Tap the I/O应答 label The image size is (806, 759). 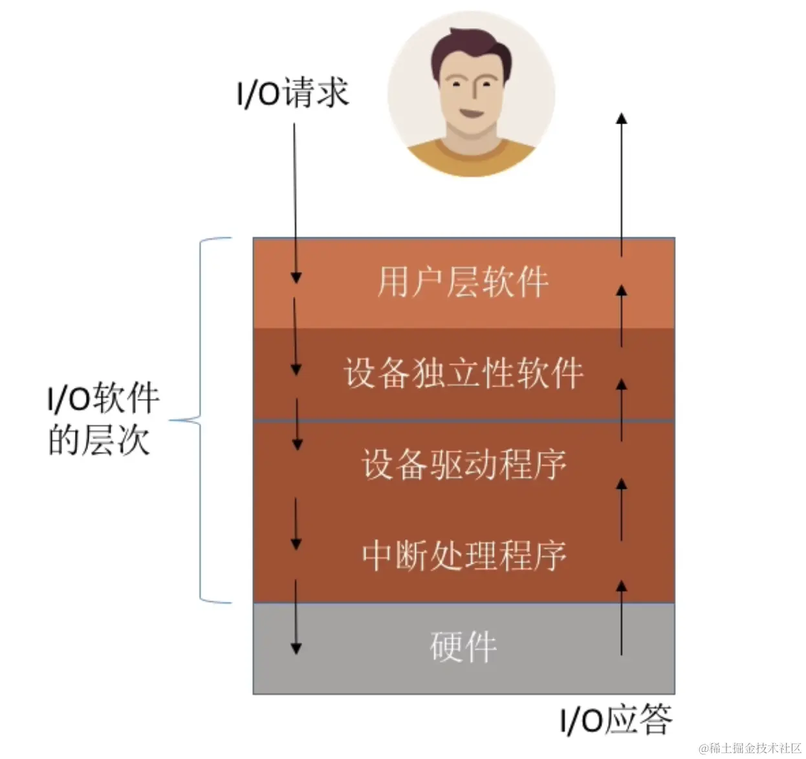pos(616,720)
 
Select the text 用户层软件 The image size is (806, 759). pos(463,283)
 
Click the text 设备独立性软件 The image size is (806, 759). pos(463,373)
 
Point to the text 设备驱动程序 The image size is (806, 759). pos(463,464)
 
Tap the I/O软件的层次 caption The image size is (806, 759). pos(102,419)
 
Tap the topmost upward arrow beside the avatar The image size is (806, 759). pos(621,181)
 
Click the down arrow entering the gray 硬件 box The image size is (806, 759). pos(296,617)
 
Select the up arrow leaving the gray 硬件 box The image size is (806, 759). pos(621,617)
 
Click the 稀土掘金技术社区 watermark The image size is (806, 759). pos(750,748)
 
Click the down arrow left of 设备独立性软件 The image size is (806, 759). pos(296,336)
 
